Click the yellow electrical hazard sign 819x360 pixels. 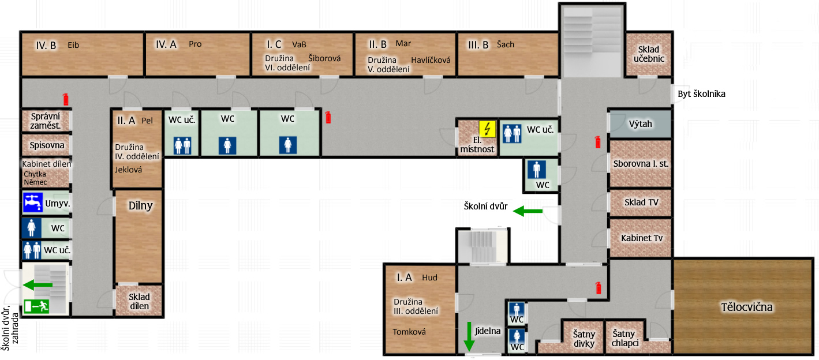point(487,129)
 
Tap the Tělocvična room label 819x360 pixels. point(747,307)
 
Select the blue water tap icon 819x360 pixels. point(32,202)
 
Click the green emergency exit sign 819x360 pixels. point(36,306)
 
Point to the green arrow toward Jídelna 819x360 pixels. point(469,336)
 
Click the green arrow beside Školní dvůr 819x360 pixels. point(528,211)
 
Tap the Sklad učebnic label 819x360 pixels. point(649,54)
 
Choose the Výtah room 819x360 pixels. point(640,124)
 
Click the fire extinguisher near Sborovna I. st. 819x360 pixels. point(598,142)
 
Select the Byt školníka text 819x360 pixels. point(701,94)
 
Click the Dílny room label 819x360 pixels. point(140,206)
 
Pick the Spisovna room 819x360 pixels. point(46,145)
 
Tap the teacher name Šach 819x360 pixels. point(505,44)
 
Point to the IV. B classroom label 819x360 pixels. point(46,46)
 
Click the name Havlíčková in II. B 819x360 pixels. point(431,60)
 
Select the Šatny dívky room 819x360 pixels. point(584,337)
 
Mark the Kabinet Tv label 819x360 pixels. point(642,238)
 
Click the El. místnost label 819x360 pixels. point(477,145)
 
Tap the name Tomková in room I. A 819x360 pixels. point(409,332)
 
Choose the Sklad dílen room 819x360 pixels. point(139,301)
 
